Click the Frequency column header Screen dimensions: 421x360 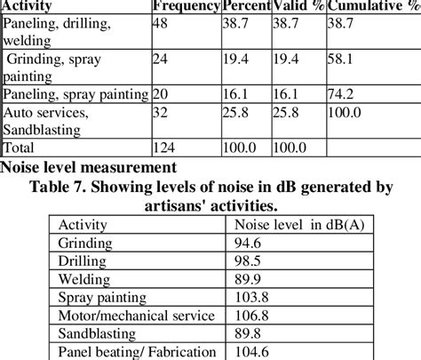(x=185, y=5)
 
